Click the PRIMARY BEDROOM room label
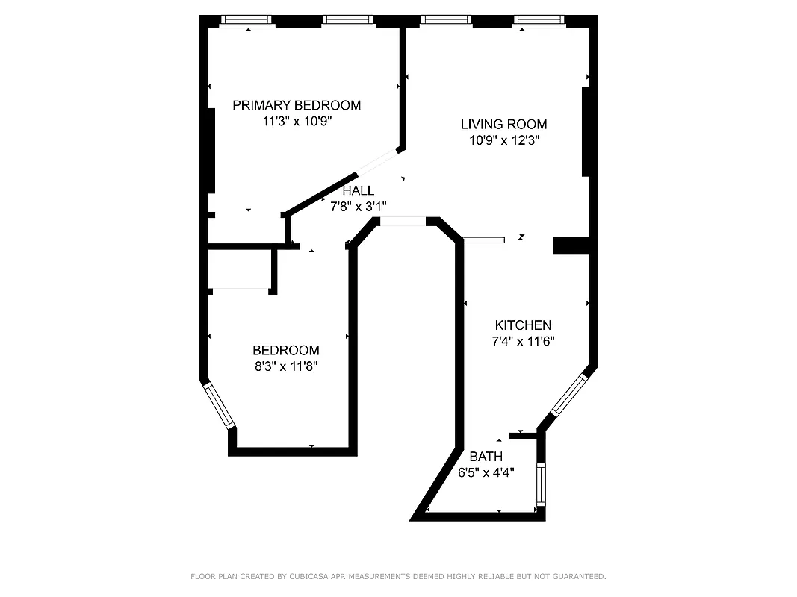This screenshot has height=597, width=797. tap(297, 105)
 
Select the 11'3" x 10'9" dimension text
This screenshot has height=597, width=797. tap(297, 122)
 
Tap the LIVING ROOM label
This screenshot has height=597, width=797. tap(503, 125)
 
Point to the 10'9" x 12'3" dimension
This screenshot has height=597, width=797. tap(503, 140)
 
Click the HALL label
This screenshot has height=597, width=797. tap(359, 191)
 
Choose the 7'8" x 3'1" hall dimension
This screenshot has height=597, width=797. tap(359, 207)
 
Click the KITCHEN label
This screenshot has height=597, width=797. tap(523, 325)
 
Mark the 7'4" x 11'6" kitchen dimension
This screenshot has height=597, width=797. tap(523, 341)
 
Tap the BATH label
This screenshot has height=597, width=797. tap(486, 457)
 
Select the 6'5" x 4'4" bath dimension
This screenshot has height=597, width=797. tap(486, 472)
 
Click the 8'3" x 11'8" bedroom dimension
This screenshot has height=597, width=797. tap(286, 366)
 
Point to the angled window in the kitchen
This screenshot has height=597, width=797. tap(569, 395)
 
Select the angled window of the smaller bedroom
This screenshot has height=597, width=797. tap(219, 405)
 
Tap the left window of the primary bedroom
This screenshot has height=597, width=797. tap(248, 21)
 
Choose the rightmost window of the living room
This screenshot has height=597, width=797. tap(537, 21)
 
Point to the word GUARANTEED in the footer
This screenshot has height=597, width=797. tap(575, 577)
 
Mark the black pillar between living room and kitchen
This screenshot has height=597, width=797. tap(571, 246)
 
